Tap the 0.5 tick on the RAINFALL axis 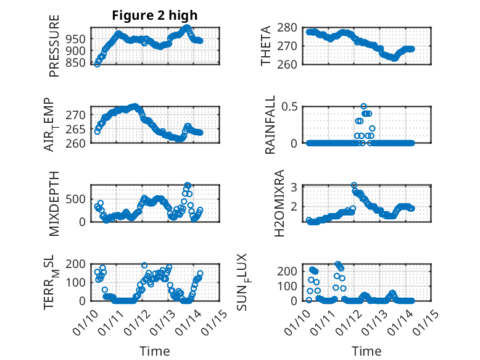coord(291,106)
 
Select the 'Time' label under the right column coord(366,351)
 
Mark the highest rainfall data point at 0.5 coord(363,106)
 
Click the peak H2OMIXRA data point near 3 coord(354,185)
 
